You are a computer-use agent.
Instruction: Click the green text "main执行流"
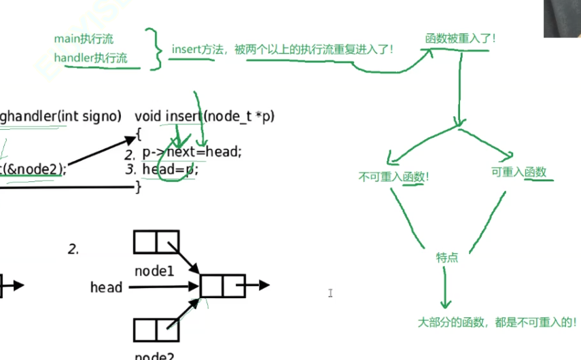(84, 39)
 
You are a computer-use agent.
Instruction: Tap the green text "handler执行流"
(90, 58)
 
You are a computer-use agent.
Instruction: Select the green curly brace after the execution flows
(157, 49)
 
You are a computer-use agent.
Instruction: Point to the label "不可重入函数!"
(394, 177)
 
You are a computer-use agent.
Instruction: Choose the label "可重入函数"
(518, 173)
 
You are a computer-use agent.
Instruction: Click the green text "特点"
(447, 257)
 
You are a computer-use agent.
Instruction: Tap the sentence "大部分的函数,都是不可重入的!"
(497, 322)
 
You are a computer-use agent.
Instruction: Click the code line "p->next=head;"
(192, 152)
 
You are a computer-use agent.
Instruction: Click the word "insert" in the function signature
(183, 116)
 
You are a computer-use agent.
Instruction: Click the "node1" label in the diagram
(154, 270)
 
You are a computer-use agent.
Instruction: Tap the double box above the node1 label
(156, 242)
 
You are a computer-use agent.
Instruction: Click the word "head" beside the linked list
(106, 287)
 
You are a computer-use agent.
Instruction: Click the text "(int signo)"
(90, 116)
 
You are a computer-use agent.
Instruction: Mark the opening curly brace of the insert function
(138, 134)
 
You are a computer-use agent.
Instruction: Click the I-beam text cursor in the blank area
(330, 293)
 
